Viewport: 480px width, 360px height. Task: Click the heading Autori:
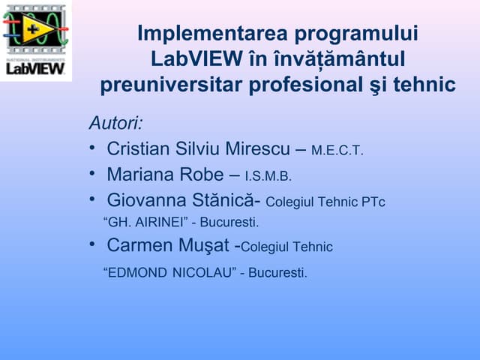[115, 122]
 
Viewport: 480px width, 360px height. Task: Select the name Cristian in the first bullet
[137, 149]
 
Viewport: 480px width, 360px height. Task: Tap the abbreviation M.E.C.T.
[337, 151]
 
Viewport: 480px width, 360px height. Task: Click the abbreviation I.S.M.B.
[268, 177]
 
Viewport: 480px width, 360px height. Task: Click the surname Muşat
[206, 245]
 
